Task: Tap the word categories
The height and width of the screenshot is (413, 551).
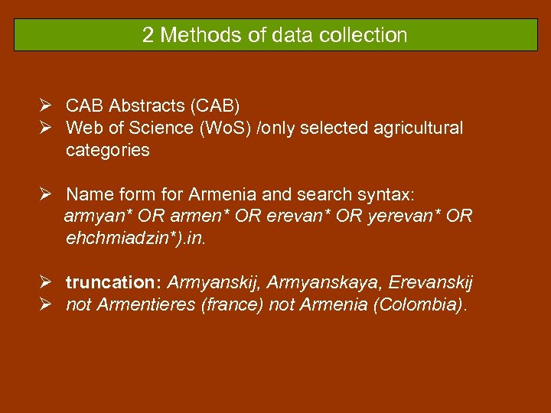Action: (107, 150)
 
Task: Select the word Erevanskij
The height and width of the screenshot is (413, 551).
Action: (431, 283)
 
